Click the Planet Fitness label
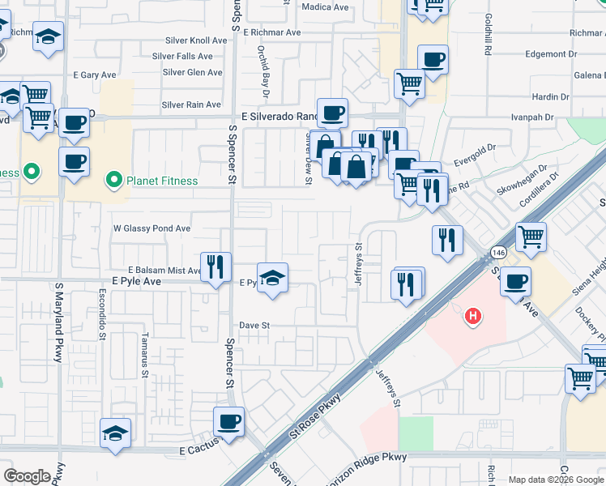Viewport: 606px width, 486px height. coord(161,181)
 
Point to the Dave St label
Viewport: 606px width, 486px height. coord(254,325)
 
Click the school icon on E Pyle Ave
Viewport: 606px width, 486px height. coord(273,279)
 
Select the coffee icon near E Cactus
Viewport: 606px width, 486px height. coord(228,422)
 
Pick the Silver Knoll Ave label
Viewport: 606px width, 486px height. coord(195,40)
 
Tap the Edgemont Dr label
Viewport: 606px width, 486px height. coord(551,54)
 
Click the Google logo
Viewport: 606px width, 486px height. coord(28,476)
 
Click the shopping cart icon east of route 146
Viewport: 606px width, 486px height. coord(531,237)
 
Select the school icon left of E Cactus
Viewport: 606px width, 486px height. coord(116,433)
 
